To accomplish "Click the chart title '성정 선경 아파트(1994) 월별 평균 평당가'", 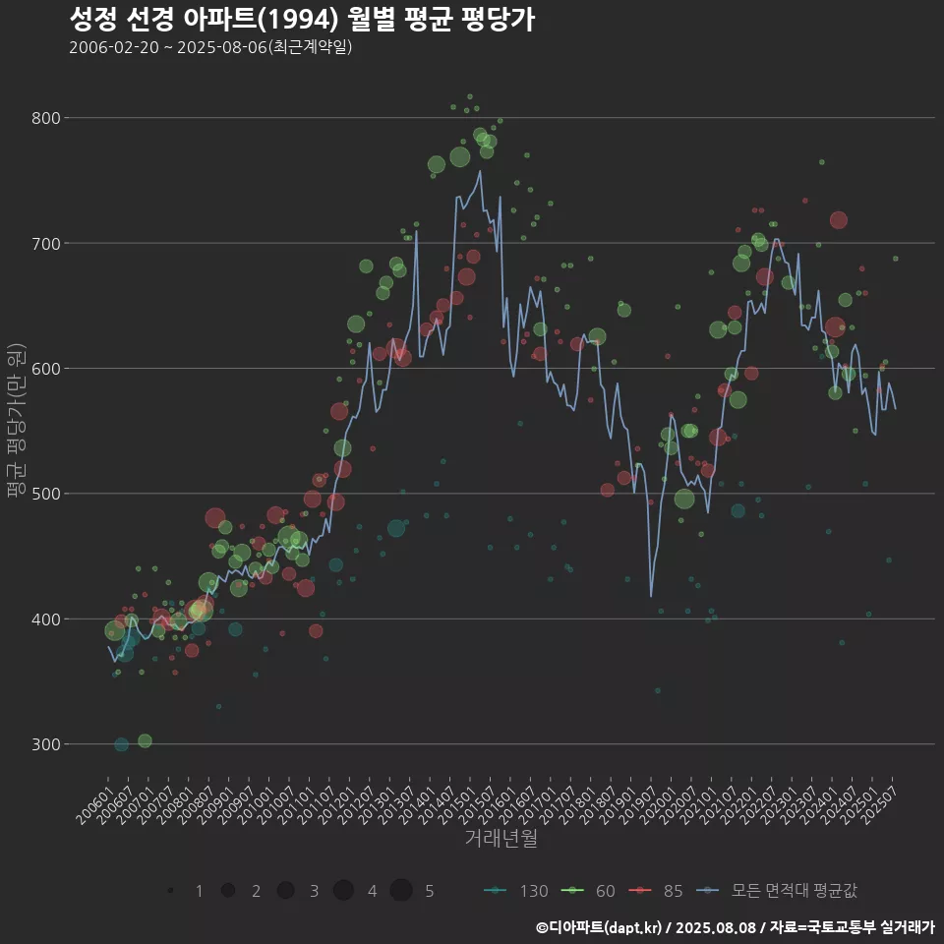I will [x=302, y=20].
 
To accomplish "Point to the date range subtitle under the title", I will [x=210, y=48].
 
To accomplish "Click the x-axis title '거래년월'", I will [x=501, y=839].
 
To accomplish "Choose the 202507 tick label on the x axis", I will [x=878, y=799].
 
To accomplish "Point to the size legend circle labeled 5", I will [x=401, y=891].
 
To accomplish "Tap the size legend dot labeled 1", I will [x=171, y=891].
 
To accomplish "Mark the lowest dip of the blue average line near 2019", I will [x=651, y=596].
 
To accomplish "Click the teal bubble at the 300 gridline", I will [x=121, y=744].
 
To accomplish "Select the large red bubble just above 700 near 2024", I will [x=838, y=219].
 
